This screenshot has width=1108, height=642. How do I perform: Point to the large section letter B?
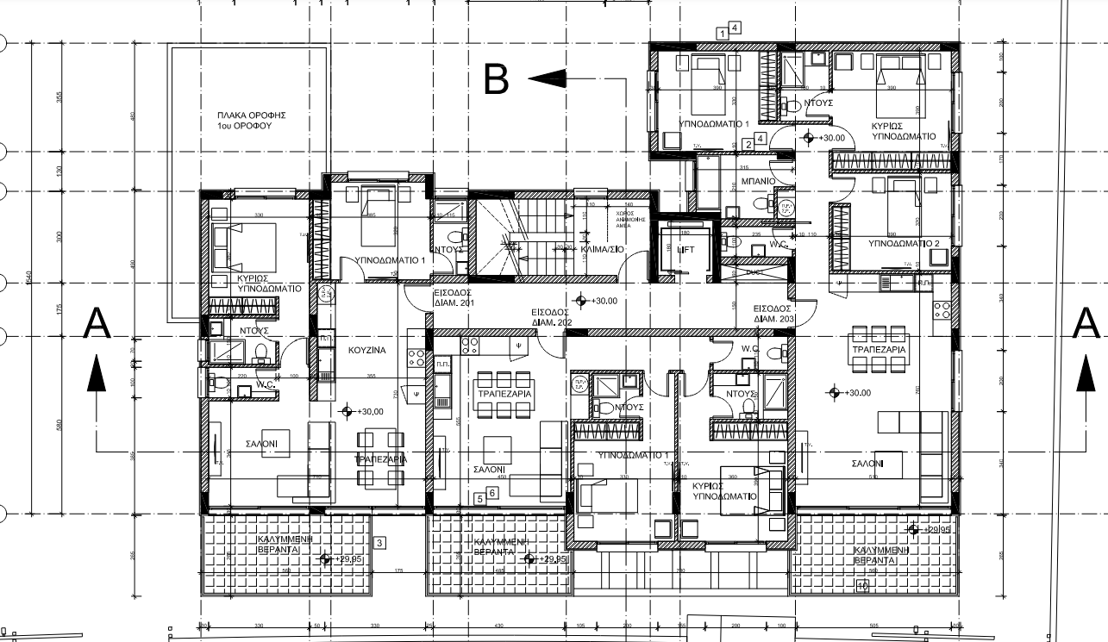[x=496, y=79]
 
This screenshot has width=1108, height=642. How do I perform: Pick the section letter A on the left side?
[x=98, y=325]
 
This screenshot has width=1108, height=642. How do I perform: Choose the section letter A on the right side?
[x=1087, y=325]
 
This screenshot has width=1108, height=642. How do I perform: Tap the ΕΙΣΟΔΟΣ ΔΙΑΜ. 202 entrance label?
[x=550, y=316]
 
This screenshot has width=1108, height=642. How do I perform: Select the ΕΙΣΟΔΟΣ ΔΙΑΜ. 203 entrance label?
[x=773, y=313]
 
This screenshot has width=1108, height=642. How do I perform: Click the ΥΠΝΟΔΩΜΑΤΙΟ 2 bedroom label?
[x=902, y=244]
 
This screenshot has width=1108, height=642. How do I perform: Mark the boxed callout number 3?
[x=379, y=542]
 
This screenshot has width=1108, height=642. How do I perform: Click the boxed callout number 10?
[x=861, y=587]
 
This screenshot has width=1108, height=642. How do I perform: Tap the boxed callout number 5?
[x=479, y=498]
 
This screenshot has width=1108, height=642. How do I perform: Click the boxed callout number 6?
[x=492, y=493]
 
